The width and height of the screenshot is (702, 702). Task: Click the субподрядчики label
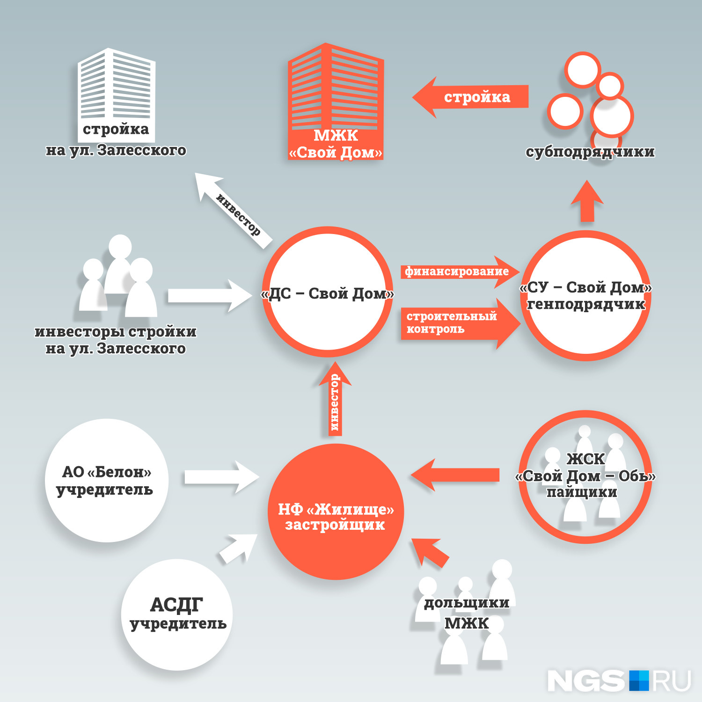click(x=590, y=152)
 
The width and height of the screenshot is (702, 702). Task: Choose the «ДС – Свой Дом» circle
click(x=328, y=292)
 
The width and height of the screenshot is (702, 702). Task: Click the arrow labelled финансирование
click(x=459, y=271)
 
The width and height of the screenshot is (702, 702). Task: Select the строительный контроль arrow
click(x=459, y=323)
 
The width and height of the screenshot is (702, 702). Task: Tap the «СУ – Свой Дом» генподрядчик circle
click(x=586, y=296)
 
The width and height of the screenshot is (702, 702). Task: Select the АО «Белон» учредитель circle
click(x=107, y=480)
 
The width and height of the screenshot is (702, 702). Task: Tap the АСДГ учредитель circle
click(x=177, y=614)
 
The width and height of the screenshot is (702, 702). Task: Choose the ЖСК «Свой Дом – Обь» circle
click(x=585, y=476)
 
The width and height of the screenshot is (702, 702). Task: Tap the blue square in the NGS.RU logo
click(x=639, y=680)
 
